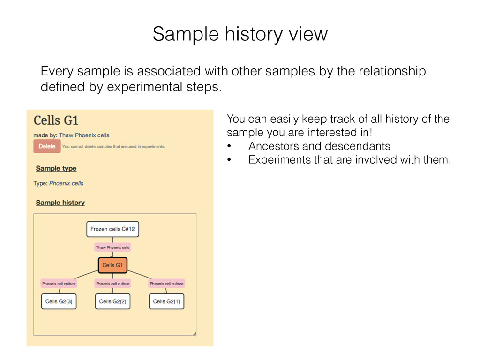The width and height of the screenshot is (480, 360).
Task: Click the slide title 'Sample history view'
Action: coord(240,34)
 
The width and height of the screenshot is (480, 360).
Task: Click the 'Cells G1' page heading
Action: coord(55,120)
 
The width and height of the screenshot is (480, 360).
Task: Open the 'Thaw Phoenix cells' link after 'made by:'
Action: coord(84,135)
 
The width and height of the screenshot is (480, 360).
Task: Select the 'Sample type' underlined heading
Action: coord(56,168)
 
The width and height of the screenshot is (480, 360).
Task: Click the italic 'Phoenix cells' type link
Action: coord(66,183)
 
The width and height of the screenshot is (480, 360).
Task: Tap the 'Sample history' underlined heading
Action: coord(60,202)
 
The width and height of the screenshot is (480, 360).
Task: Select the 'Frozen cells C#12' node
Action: coord(112,229)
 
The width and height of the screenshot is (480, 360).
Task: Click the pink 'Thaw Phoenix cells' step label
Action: coord(112,247)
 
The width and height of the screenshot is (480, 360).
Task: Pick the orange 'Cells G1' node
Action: coord(112,265)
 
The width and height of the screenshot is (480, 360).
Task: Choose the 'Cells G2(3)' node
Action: coord(59,301)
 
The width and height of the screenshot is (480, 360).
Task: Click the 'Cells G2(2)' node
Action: coord(112,301)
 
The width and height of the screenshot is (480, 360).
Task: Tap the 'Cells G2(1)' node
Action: coord(166,301)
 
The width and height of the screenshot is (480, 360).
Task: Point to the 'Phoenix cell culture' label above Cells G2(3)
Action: coord(59,284)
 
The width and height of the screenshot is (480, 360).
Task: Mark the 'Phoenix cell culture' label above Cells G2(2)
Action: coord(112,284)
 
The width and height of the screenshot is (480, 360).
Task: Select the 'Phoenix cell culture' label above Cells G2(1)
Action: coord(166,284)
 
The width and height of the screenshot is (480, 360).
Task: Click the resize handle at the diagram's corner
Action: coord(194,333)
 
